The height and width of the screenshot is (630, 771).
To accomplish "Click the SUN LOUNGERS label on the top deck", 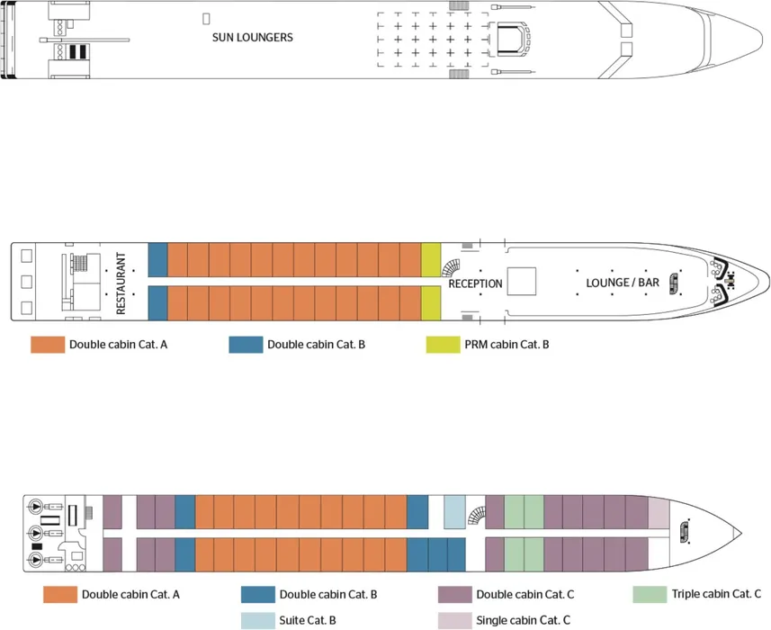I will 252,38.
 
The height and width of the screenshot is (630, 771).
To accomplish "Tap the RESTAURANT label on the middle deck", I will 121,282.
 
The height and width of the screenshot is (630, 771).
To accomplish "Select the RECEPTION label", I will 475,283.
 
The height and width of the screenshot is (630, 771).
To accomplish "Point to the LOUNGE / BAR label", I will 623,283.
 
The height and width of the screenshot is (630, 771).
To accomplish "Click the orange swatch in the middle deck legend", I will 47,345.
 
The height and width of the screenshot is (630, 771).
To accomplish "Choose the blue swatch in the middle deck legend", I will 245,345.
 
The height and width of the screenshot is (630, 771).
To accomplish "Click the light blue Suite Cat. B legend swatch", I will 257,620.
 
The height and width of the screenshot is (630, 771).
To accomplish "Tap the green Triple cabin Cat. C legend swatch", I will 649,595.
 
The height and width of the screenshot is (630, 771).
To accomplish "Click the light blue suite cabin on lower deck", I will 454,512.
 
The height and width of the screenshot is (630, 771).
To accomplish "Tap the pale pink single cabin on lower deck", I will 659,512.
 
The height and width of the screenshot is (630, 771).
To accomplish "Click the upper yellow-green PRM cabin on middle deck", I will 431,259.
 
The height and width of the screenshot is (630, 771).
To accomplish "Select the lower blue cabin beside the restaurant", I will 157,303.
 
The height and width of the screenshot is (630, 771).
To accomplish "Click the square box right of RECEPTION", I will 521,282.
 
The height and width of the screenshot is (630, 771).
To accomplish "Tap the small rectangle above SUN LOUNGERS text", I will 206,18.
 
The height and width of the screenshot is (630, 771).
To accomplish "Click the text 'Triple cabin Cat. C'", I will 715,595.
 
